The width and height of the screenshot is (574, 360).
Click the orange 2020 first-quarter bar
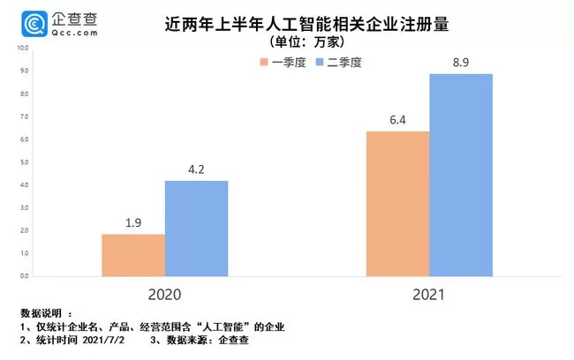(x=132, y=255)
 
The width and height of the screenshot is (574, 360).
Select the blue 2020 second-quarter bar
(x=196, y=229)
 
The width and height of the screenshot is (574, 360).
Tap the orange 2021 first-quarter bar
(x=398, y=204)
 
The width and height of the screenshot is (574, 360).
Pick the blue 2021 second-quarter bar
(x=461, y=175)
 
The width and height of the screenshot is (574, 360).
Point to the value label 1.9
(x=132, y=224)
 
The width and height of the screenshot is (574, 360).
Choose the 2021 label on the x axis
(x=429, y=294)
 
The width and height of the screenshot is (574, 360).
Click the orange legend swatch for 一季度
(x=263, y=62)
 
